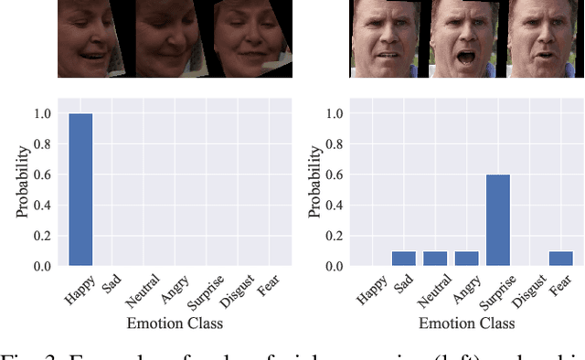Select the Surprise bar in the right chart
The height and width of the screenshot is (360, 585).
pos(497,220)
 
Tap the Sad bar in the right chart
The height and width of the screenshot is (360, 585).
pos(403,259)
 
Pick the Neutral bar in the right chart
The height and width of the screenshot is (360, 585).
pos(435,259)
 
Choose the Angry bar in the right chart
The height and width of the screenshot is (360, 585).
pos(466,259)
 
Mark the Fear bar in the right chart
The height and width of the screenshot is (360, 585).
pos(561,259)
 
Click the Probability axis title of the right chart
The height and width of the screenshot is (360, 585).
pos(314,189)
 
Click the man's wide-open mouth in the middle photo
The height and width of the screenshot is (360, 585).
pos(456,54)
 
